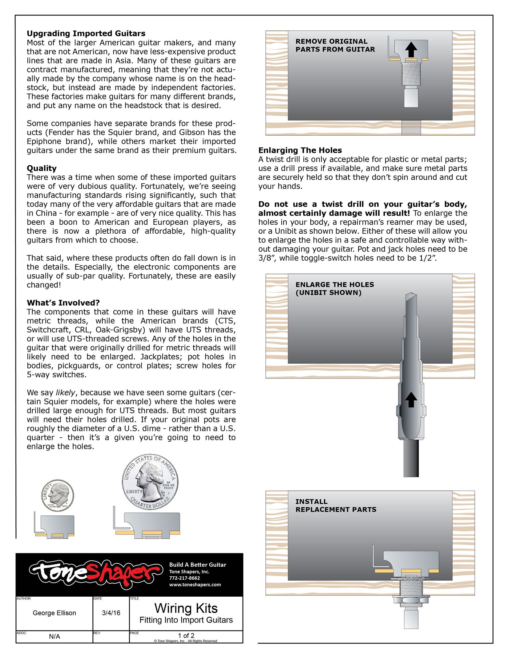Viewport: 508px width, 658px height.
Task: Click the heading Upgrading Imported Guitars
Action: pos(86,33)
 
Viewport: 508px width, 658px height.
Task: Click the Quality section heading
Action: pos(42,168)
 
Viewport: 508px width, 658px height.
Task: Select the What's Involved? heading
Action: pos(63,303)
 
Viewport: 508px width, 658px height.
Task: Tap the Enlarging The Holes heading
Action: pos(300,150)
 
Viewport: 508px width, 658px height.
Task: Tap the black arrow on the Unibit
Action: pos(411,400)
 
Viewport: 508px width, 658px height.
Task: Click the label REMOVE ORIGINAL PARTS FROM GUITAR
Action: pos(335,45)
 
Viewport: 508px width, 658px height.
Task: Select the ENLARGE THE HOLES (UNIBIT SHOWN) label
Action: pos(334,288)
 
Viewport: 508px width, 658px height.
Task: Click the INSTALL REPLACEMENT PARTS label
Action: pos(336,505)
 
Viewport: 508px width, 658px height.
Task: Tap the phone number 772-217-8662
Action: pos(184,578)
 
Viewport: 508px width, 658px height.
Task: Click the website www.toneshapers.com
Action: pos(195,585)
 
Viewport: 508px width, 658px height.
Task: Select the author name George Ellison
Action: pos(54,613)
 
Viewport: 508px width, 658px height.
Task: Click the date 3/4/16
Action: pos(111,613)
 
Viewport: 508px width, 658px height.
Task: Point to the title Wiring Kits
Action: pos(186,608)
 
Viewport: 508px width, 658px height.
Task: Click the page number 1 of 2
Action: pos(186,636)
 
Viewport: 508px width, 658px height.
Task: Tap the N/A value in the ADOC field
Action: pos(54,636)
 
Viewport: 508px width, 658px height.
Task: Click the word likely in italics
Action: pos(65,393)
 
